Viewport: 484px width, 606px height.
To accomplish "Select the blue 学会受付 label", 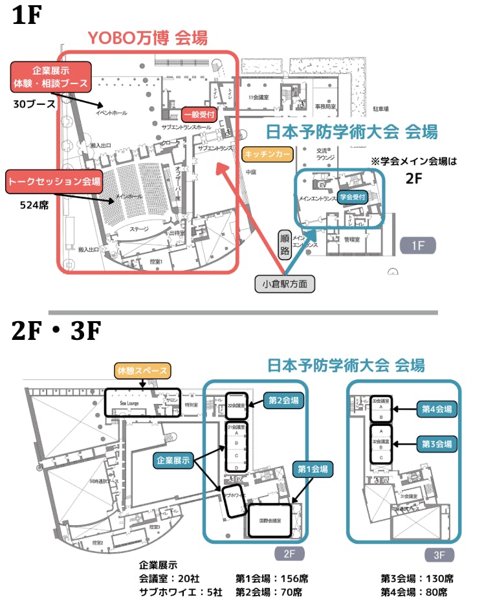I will point(353,196).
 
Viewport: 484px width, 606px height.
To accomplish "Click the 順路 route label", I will point(285,243).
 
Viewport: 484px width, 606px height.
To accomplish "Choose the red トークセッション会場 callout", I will point(54,182).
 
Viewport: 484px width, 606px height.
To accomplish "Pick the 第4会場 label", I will point(438,409).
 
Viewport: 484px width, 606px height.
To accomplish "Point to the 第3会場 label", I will point(438,444).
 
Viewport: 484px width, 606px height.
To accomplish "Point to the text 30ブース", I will point(28,104).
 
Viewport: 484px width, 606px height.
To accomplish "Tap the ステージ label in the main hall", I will point(139,229).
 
